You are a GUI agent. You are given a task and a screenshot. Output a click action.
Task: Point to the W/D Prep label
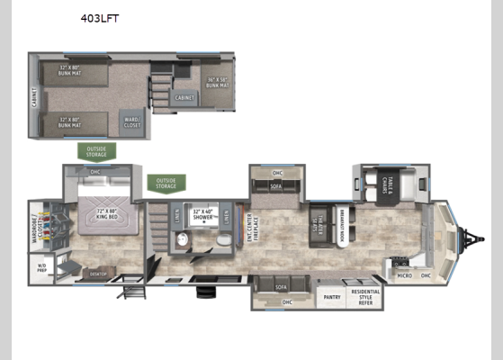[41, 266]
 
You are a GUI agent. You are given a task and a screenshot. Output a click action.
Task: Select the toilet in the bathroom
[222, 241]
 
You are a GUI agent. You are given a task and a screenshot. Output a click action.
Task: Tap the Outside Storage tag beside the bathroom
[166, 184]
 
